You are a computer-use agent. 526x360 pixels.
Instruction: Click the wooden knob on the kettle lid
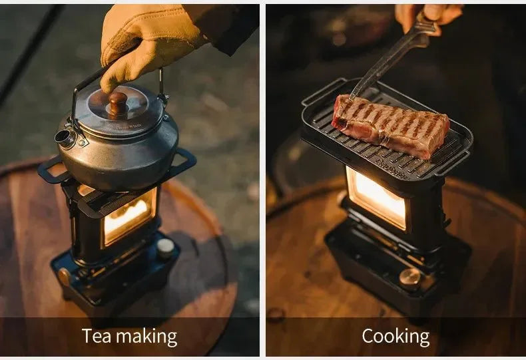pos(117,102)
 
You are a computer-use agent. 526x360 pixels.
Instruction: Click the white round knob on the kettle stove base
pos(165,247)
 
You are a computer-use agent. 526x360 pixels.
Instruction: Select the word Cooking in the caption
pos(395,337)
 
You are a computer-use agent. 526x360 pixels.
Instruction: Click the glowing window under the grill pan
pos(377,198)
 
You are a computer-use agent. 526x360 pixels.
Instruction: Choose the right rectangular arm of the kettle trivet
pos(182,160)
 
